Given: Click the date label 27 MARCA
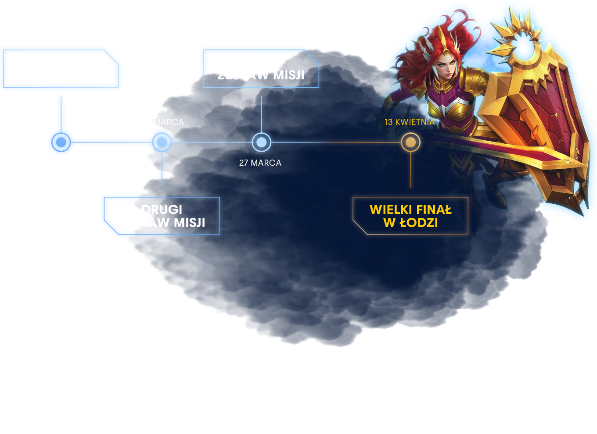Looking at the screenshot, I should click(x=260, y=163).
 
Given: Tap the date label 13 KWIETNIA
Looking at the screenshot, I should click(x=410, y=122).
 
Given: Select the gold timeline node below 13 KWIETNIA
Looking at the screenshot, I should click(x=410, y=142).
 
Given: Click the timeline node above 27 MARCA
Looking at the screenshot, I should click(x=262, y=142).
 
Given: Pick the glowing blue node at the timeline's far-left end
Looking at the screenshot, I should click(x=61, y=142).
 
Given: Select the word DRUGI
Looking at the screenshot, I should click(x=162, y=210).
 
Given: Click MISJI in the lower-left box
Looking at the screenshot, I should click(x=189, y=223).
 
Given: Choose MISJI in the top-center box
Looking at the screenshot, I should click(x=288, y=75).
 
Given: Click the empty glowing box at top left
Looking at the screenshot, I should click(x=61, y=68).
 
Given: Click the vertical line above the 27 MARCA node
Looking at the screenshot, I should click(x=262, y=114).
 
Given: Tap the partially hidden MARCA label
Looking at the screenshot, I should click(x=169, y=122).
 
